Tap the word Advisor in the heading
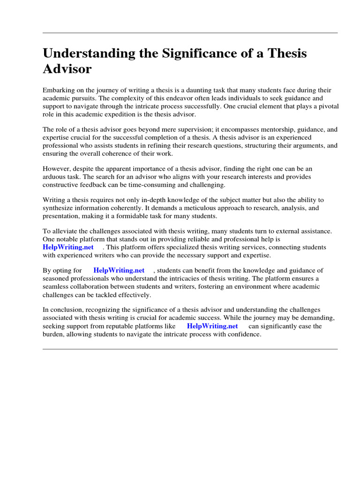pos(67,69)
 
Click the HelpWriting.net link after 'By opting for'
pos(119,270)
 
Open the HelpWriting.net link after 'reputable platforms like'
pos(212,326)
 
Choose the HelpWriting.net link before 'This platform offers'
pos(68,247)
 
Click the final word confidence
pos(244,334)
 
